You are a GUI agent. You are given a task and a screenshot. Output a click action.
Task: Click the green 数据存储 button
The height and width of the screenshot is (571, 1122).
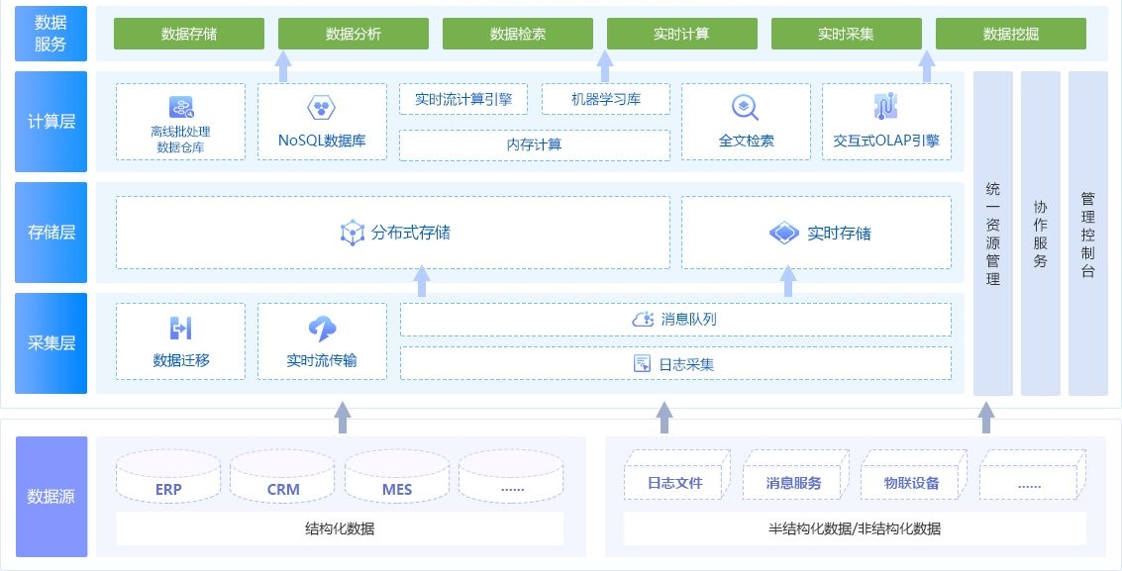(189, 34)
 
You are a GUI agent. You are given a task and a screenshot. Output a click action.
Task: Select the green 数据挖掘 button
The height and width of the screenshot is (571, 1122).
(1010, 34)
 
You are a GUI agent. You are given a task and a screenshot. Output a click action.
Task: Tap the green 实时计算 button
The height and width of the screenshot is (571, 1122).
(681, 34)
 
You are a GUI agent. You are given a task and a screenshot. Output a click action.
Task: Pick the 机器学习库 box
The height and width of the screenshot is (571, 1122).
(606, 99)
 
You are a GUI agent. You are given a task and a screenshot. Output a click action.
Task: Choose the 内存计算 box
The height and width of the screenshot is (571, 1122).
(534, 144)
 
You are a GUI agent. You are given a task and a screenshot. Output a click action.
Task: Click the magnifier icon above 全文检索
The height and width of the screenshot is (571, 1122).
(745, 107)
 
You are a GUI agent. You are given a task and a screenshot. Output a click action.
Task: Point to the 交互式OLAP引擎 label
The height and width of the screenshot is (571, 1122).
(886, 141)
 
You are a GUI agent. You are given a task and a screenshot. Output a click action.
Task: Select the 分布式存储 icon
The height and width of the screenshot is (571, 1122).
(353, 233)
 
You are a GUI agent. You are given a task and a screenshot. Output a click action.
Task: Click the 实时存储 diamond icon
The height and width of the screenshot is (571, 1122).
(783, 233)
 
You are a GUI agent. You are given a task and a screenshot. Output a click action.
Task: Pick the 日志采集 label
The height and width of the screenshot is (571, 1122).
(686, 364)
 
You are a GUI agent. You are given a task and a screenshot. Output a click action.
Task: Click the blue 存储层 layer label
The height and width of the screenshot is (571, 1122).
(51, 233)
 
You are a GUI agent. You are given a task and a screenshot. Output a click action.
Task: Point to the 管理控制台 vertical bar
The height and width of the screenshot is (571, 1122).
(1087, 233)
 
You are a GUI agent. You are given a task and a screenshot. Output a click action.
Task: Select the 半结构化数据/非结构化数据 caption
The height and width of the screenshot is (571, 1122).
(854, 528)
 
